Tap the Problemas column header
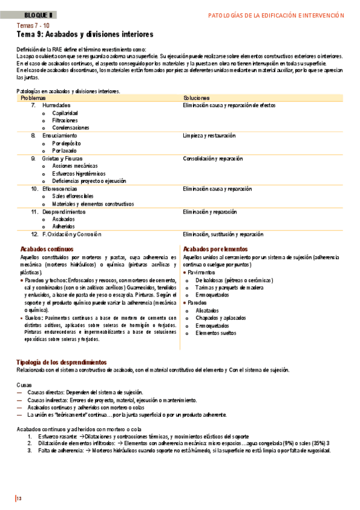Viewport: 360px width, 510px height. pyautogui.click(x=33, y=97)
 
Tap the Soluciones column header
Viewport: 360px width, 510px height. pyautogui.click(x=197, y=97)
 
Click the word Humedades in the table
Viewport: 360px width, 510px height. pyautogui.click(x=56, y=105)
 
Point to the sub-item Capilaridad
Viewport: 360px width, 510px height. pyautogui.click(x=65, y=113)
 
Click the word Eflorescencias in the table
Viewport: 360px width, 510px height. pyautogui.click(x=60, y=189)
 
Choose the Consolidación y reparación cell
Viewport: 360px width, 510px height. pyautogui.click(x=213, y=159)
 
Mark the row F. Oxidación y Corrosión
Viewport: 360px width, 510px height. pyautogui.click(x=72, y=234)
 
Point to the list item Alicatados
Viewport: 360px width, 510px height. pyautogui.click(x=208, y=310)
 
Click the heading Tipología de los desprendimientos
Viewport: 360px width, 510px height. pyautogui.click(x=61, y=362)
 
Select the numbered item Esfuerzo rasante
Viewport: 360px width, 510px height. pyautogui.click(x=57, y=435)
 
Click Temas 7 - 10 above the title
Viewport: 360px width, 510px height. pyautogui.click(x=34, y=26)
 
